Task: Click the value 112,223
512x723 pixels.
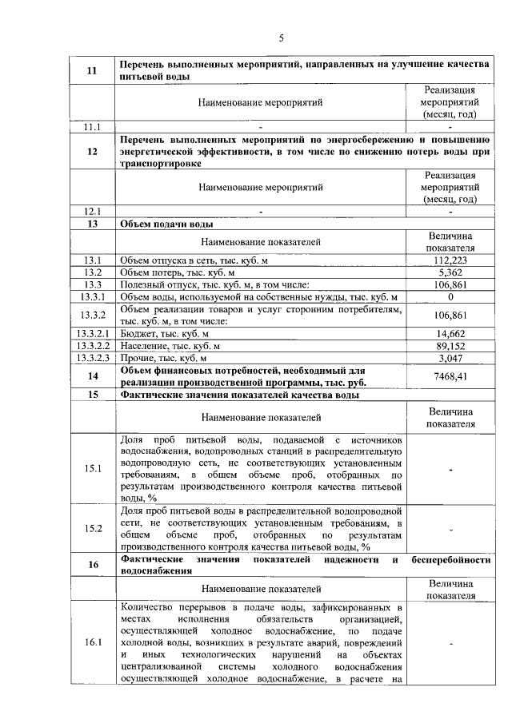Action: [x=450, y=260]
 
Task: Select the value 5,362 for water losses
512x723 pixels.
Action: [x=450, y=272]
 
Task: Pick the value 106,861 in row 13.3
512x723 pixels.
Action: [x=450, y=284]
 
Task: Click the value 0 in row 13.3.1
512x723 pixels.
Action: [x=450, y=296]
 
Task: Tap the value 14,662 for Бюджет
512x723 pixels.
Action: [x=450, y=333]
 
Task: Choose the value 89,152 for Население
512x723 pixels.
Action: [x=450, y=345]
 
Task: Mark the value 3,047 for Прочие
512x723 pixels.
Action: [x=450, y=358]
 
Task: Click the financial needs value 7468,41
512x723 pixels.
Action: [x=450, y=375]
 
